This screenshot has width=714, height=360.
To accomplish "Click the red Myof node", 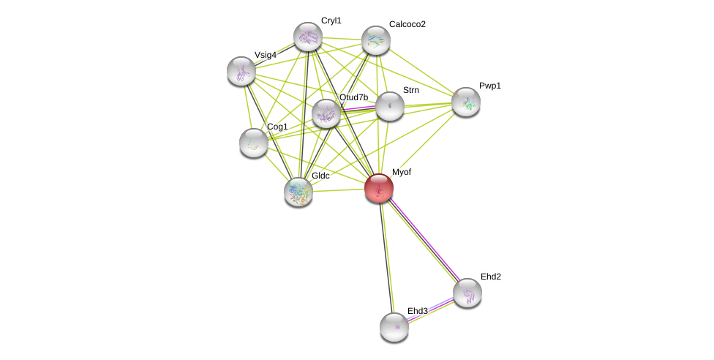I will (379, 188).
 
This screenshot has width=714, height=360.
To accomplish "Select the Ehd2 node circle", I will (467, 293).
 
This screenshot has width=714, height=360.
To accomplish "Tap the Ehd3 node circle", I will (394, 327).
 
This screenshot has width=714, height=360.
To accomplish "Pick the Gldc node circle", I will (298, 192).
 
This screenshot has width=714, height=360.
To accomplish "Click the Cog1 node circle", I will (254, 143).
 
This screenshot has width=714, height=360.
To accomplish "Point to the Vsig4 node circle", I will (241, 71).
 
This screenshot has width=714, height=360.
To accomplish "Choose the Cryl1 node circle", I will (308, 37).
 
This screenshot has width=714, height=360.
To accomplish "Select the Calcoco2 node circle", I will (376, 40).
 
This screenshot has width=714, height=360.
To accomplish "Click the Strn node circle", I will (390, 106).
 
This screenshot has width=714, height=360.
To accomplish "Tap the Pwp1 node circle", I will (466, 102).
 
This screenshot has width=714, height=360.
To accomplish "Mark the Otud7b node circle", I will (326, 113).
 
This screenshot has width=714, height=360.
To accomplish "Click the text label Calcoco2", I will (407, 24).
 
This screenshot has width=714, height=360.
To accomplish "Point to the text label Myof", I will (401, 172).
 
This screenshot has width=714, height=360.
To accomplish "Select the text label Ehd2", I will (490, 277).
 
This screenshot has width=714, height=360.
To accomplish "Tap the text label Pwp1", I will (489, 86).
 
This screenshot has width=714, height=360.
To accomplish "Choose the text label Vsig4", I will (265, 55).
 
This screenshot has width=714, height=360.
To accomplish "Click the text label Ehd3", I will (417, 311).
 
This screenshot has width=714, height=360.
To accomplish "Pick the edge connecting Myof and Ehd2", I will (423, 241).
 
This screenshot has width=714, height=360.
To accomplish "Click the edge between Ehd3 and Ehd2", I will (431, 310).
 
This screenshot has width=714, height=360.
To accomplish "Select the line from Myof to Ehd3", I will (387, 258).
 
